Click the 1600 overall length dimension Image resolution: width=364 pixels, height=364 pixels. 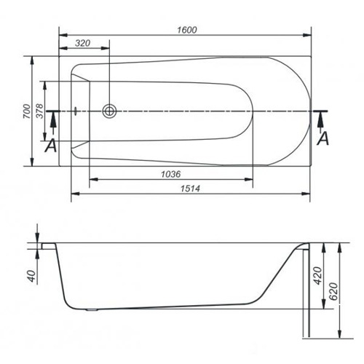point(187,30)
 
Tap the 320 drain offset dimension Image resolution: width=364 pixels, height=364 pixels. point(83,43)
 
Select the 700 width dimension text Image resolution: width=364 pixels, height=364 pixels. point(27,111)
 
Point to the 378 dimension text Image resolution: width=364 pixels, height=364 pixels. point(39,111)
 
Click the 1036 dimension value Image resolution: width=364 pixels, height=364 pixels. point(171,174)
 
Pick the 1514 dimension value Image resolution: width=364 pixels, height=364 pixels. point(190,189)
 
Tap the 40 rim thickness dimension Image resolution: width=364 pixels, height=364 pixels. point(32,276)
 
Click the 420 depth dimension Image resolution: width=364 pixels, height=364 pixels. point(317,275)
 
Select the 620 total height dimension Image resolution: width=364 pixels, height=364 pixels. point(334,291)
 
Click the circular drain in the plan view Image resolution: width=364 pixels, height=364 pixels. point(109,111)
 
